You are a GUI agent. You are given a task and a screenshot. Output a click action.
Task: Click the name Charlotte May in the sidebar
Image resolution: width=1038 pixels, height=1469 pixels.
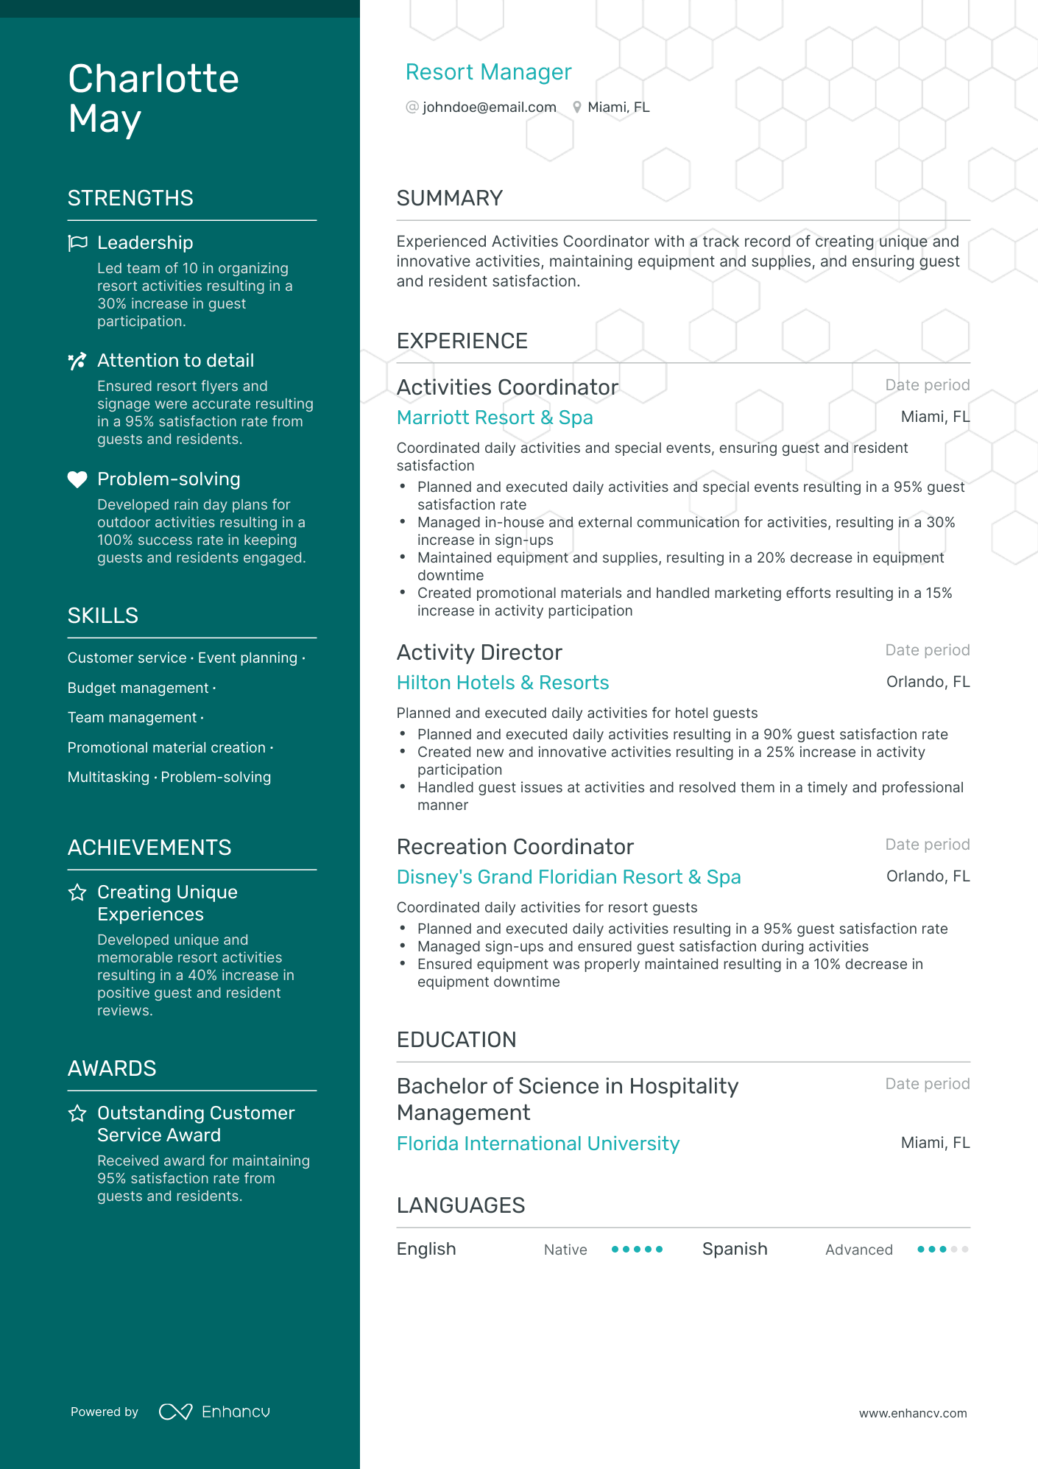[x=153, y=99]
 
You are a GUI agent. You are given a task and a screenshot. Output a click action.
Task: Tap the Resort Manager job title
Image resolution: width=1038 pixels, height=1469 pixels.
[x=488, y=72]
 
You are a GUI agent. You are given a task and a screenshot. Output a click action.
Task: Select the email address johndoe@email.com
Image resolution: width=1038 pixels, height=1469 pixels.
[x=489, y=108]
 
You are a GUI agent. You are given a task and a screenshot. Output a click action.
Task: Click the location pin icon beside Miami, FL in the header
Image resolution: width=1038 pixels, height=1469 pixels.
[x=577, y=108]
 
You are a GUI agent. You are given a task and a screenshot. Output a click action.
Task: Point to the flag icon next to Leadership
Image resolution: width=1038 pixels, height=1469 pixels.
[x=77, y=243]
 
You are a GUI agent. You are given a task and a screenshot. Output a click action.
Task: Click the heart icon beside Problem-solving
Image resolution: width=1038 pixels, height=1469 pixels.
[x=77, y=479]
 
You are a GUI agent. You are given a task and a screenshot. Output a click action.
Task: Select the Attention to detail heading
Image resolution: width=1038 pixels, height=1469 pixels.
[x=175, y=361]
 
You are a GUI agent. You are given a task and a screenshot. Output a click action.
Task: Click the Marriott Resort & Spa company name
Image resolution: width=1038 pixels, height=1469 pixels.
[x=494, y=418]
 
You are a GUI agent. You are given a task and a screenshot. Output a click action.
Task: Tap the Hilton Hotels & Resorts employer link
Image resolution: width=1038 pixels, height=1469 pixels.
[x=502, y=683]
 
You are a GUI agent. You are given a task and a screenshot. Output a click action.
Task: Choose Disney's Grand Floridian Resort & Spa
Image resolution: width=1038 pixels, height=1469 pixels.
[x=568, y=877]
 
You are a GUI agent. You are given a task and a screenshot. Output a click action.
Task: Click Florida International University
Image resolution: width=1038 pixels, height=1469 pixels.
[x=537, y=1144]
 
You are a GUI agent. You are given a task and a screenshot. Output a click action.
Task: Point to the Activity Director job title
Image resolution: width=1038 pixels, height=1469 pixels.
[x=479, y=652]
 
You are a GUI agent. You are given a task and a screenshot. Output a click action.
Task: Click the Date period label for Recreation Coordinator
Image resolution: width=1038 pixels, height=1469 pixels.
[x=927, y=845]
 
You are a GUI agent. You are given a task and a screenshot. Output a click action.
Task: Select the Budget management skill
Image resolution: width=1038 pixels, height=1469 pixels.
[x=138, y=688]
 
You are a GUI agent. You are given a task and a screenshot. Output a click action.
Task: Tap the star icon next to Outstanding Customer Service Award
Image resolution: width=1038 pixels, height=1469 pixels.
[x=77, y=1113]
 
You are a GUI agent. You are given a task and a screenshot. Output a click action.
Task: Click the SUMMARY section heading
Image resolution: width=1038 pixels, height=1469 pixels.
[x=449, y=198]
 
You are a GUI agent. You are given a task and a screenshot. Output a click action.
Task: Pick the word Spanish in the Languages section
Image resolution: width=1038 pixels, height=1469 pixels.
[x=734, y=1249]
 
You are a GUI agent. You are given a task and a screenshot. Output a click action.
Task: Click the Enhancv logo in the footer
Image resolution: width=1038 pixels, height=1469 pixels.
[x=214, y=1412]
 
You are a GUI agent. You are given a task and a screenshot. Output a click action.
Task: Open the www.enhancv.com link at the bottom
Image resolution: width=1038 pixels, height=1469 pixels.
[x=912, y=1413]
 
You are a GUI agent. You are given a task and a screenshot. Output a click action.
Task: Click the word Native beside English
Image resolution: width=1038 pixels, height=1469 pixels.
[x=565, y=1250]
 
